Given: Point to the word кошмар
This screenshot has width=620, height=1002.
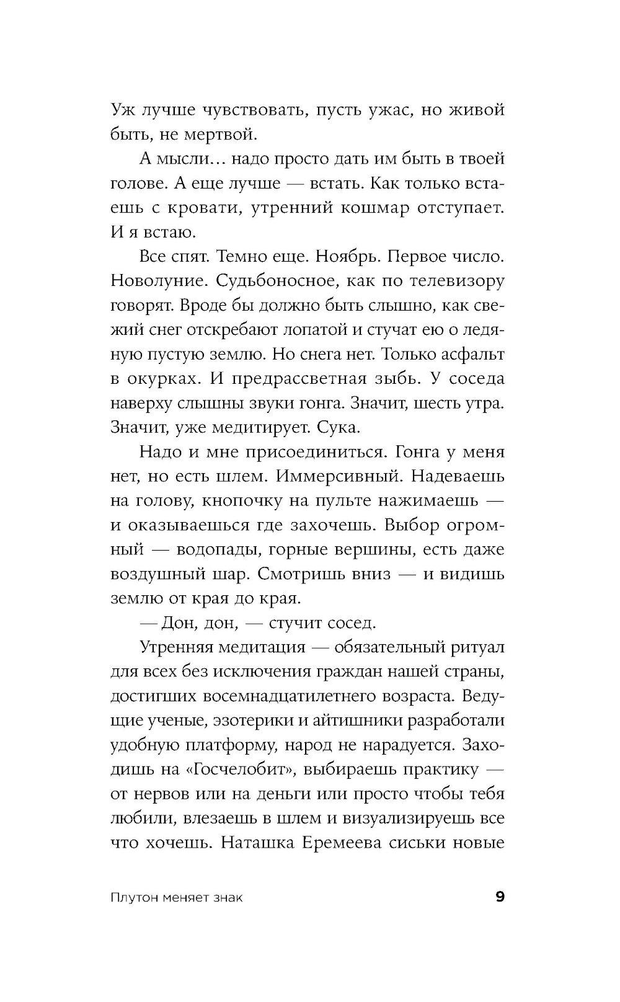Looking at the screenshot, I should (374, 208).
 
